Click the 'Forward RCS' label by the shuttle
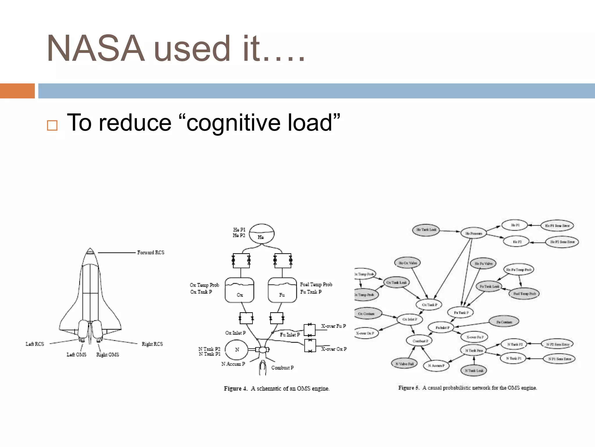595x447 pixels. tap(150, 253)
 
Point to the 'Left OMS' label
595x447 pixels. tap(76, 354)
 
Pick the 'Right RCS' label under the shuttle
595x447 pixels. tap(152, 344)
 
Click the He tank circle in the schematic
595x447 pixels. tap(261, 233)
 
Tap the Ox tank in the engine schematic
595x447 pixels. tap(239, 290)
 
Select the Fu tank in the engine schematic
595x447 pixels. tap(282, 290)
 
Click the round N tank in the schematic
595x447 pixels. tap(237, 350)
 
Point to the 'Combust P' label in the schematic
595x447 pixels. tap(282, 368)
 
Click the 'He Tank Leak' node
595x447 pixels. tap(426, 230)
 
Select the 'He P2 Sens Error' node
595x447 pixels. tap(562, 242)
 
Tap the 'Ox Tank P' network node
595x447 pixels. tap(429, 305)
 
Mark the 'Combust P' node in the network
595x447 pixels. tap(419, 341)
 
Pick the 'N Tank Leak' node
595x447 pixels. tap(474, 370)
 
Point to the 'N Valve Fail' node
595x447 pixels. tap(404, 364)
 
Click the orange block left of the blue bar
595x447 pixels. tap(17, 91)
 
